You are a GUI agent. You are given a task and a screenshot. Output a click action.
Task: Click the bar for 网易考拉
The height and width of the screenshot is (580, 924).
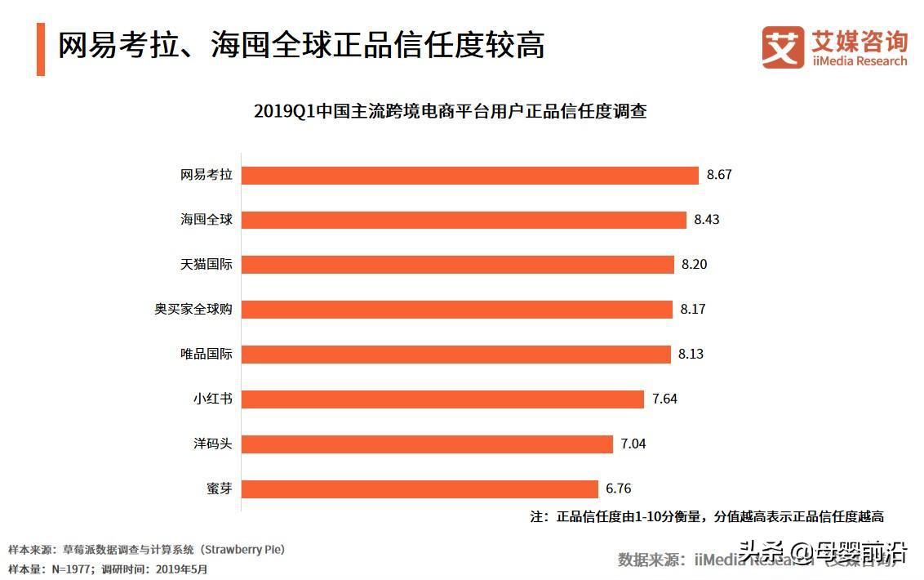click(471, 175)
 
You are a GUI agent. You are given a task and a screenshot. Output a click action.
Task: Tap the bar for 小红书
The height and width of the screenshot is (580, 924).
click(443, 399)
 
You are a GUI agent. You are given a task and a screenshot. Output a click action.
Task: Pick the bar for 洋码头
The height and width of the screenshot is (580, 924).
click(428, 444)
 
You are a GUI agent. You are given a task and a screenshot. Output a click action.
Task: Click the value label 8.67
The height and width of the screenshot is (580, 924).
click(720, 175)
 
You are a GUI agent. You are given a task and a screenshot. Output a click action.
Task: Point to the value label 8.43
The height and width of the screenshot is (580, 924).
click(707, 220)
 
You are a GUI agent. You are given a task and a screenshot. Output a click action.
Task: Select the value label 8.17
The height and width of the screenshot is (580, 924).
click(693, 310)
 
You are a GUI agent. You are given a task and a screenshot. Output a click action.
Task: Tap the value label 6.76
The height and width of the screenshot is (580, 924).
click(619, 489)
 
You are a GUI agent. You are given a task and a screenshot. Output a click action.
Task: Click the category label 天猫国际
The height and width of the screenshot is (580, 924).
click(207, 265)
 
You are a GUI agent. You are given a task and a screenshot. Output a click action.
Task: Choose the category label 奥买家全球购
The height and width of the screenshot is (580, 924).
click(193, 310)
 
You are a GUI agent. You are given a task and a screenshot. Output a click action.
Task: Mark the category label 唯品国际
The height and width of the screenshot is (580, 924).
click(207, 355)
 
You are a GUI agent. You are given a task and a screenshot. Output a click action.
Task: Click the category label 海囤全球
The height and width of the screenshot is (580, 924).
click(207, 220)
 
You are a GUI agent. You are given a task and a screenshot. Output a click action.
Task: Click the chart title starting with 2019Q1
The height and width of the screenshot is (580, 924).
click(450, 112)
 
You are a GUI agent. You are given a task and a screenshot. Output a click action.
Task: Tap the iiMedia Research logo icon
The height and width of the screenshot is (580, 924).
click(783, 47)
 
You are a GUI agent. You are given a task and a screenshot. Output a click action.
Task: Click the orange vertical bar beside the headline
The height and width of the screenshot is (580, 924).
click(41, 49)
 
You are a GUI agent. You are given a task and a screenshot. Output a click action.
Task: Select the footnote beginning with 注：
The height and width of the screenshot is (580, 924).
click(707, 516)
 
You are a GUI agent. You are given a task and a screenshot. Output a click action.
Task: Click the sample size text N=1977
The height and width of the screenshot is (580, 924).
click(73, 569)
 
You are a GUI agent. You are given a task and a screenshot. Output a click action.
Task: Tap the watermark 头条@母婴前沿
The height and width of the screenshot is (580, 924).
click(823, 552)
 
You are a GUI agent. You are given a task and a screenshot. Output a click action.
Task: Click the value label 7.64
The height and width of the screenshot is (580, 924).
click(665, 399)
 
